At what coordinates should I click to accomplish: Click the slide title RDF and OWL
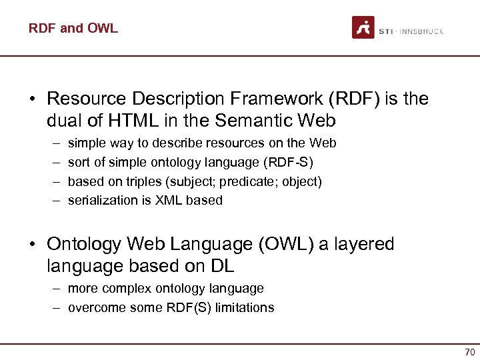[73, 28]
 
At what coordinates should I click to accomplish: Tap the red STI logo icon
[363, 27]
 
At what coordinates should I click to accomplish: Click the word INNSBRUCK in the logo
[421, 31]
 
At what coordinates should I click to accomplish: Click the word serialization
[105, 200]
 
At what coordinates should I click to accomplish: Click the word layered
[363, 244]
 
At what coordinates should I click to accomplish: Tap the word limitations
[243, 307]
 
